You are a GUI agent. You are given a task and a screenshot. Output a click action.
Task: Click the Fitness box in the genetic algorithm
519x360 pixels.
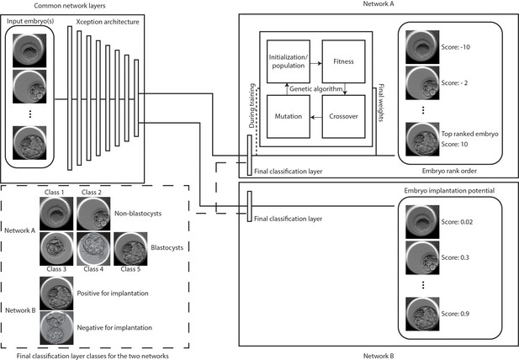(343, 61)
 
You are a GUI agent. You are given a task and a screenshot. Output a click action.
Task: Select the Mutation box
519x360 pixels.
(289, 116)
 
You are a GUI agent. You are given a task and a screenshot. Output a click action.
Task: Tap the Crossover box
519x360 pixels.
(343, 116)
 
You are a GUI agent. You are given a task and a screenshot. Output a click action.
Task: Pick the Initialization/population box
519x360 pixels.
(289, 61)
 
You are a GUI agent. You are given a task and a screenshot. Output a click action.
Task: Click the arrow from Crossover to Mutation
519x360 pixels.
(316, 117)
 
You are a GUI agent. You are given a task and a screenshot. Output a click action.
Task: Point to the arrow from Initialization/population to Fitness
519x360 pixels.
(316, 63)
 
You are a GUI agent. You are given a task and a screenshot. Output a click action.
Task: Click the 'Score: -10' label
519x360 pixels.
(455, 47)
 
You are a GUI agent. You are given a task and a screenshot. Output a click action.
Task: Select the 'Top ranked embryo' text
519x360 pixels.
(469, 134)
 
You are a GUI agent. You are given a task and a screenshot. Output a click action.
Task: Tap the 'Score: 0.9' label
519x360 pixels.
(455, 314)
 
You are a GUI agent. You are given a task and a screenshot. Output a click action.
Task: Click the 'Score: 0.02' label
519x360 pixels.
(457, 222)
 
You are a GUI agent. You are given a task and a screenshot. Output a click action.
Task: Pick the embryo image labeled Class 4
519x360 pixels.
(93, 248)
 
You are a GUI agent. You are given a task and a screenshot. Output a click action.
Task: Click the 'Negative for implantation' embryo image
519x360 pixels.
(56, 328)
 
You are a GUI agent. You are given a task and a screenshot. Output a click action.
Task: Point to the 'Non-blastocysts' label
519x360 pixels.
(138, 214)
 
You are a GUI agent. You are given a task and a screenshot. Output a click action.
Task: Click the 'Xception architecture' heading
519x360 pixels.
(108, 22)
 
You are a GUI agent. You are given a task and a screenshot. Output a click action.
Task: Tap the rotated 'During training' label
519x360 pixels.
(252, 105)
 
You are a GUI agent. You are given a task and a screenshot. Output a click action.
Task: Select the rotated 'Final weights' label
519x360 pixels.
(381, 103)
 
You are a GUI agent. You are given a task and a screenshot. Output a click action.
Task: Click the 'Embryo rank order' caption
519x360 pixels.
(449, 171)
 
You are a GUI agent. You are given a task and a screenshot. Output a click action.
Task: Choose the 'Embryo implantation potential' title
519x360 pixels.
(449, 191)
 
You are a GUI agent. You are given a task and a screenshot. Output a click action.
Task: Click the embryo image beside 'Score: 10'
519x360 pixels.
(422, 140)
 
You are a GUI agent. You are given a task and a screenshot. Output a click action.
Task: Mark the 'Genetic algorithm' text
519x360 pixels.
(315, 88)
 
